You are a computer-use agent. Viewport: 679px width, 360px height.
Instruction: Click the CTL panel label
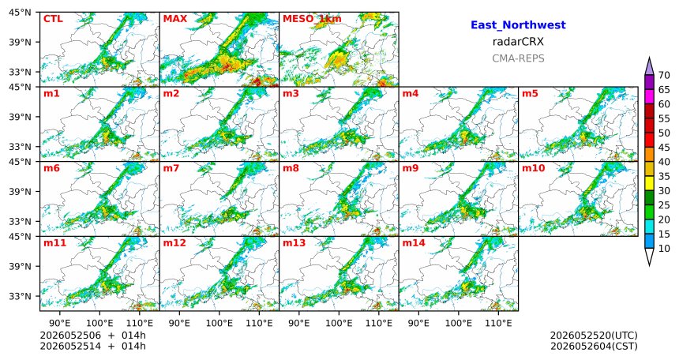tap(53, 19)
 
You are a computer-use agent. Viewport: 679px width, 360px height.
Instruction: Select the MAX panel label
tap(175, 19)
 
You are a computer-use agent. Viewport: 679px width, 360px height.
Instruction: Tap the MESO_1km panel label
tap(312, 19)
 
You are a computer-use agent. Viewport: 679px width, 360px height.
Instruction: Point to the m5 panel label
tap(530, 94)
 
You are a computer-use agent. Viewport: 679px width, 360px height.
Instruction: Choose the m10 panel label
tap(533, 168)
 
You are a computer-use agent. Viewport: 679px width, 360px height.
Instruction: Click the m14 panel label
tap(414, 243)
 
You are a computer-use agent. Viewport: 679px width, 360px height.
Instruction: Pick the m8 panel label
tap(291, 168)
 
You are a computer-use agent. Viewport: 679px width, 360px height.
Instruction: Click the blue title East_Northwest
tap(518, 25)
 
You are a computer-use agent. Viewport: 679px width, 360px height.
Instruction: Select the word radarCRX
tap(518, 42)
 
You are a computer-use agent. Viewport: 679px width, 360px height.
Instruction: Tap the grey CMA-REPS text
tap(518, 58)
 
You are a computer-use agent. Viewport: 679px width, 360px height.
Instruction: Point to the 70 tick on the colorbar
tap(664, 75)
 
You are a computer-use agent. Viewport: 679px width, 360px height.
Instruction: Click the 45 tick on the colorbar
tap(664, 148)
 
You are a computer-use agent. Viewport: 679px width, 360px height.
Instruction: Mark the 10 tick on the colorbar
tap(664, 248)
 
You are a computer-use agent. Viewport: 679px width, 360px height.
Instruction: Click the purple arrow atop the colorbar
tap(649, 67)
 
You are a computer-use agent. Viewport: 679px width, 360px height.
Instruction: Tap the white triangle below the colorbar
tap(649, 257)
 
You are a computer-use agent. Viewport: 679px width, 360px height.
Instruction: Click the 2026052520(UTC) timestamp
tap(594, 336)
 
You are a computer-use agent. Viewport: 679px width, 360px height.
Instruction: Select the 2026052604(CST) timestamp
tap(594, 346)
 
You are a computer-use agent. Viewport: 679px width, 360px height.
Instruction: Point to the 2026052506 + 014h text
tap(92, 336)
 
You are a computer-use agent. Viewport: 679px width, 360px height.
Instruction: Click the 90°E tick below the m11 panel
tap(60, 323)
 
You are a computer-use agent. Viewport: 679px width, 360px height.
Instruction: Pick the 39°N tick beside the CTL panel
tap(20, 42)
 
